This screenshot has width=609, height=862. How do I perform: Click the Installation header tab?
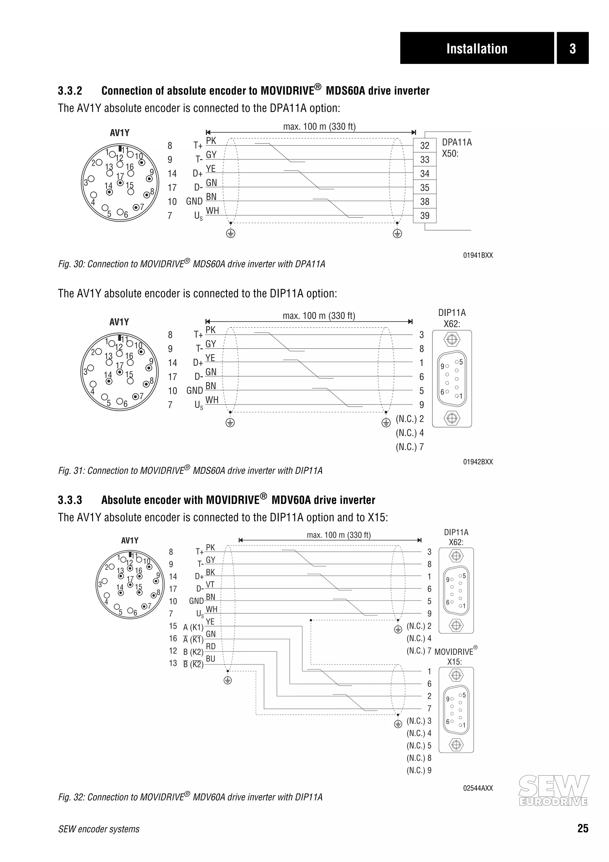point(477,48)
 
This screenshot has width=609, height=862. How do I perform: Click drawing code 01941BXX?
point(478,255)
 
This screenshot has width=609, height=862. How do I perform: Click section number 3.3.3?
point(70,500)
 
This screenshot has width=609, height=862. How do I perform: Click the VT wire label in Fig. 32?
point(210,584)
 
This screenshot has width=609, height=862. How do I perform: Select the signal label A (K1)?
point(193,627)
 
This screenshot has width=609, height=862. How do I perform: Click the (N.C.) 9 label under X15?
point(419,770)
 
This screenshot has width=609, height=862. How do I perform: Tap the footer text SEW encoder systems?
point(99,829)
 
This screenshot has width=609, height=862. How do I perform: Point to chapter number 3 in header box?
point(572,48)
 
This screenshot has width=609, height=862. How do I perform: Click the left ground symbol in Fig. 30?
point(230,233)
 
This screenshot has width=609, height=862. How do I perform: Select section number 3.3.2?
point(70,91)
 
